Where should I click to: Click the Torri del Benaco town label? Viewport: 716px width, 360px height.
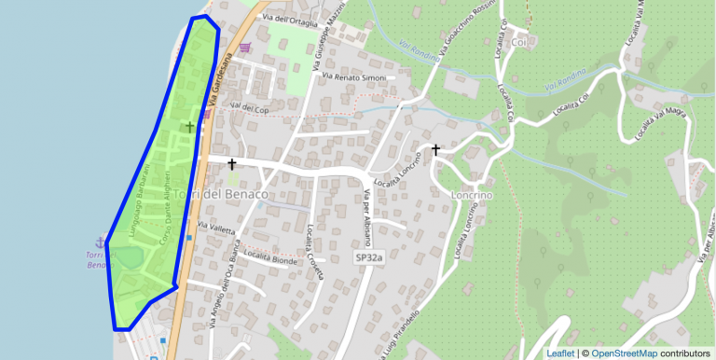tap(221, 194)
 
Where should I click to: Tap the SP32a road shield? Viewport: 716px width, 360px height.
tap(369, 256)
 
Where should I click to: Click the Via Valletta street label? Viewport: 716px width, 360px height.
tap(216, 227)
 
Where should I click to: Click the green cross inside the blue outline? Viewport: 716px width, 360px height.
tap(190, 126)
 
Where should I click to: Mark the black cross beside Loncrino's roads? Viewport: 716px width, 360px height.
tap(435, 148)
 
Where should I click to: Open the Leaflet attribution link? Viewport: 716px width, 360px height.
tap(559, 353)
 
